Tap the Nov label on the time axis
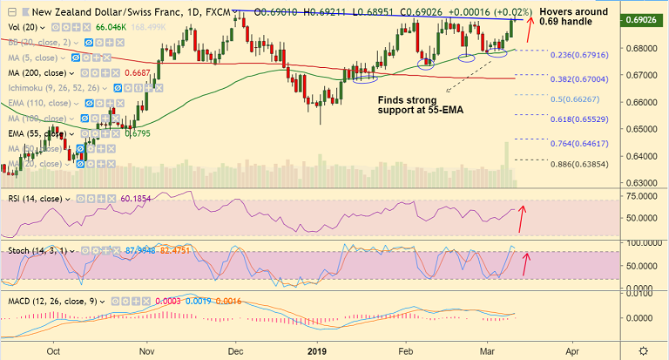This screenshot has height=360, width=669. tap(145, 351)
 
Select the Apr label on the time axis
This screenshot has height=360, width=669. tap(571, 351)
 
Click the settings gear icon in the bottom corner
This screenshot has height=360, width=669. tap(643, 350)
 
